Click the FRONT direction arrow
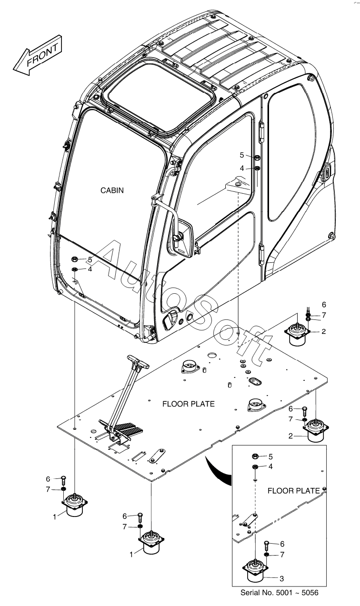(38, 56)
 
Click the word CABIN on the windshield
(112, 190)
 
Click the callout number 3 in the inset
(281, 579)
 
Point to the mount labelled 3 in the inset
(256, 569)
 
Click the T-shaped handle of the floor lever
(138, 363)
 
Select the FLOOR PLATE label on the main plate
(189, 404)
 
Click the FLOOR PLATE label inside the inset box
(294, 491)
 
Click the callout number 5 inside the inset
(270, 457)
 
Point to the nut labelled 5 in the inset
(254, 457)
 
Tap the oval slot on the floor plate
(255, 382)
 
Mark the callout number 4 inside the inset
(270, 467)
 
